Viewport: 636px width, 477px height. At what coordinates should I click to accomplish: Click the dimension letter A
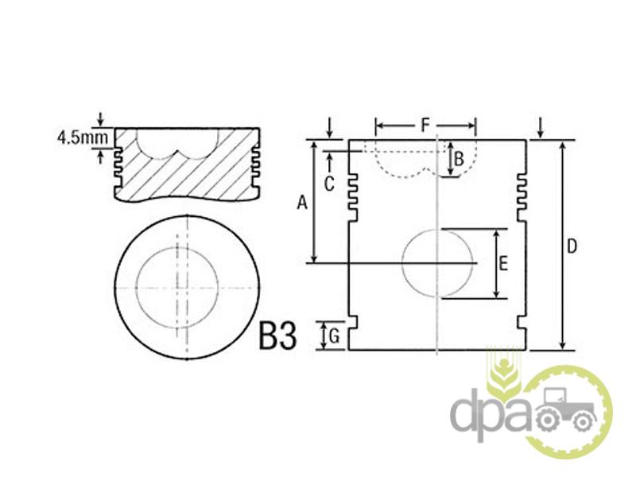(x=302, y=203)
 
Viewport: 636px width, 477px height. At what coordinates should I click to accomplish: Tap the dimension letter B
(x=459, y=158)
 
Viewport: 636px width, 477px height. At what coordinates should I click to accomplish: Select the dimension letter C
(x=329, y=184)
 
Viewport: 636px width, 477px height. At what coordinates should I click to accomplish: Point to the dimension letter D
(x=572, y=246)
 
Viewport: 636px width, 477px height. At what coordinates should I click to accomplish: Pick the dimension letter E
(x=503, y=264)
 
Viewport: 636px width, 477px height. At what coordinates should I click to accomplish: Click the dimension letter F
(x=425, y=125)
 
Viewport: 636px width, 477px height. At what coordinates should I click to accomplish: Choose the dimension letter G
(x=334, y=336)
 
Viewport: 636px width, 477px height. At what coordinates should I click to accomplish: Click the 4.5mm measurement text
(x=83, y=138)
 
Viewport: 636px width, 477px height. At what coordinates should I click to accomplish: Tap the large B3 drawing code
(x=277, y=335)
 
